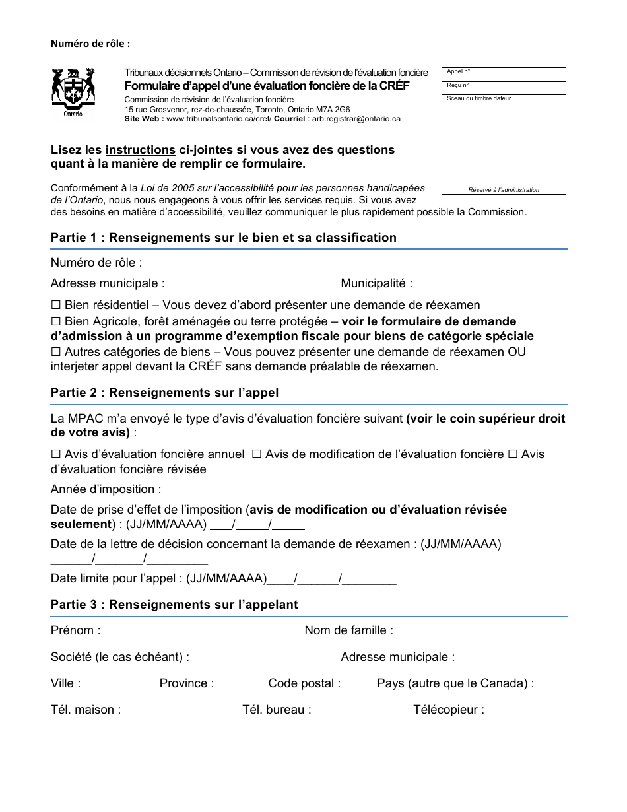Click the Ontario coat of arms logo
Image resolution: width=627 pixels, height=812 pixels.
[x=73, y=92]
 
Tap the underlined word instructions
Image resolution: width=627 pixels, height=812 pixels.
[x=140, y=150]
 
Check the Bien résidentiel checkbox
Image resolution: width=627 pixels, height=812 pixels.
[x=56, y=305]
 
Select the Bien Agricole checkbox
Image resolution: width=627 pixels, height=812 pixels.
[x=56, y=321]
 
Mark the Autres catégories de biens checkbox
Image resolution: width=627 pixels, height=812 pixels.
[x=56, y=352]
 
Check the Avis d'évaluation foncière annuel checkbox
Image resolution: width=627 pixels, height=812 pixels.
[x=56, y=454]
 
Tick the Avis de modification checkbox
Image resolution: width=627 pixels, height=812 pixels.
[x=257, y=454]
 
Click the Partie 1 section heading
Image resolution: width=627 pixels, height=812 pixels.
[x=223, y=238]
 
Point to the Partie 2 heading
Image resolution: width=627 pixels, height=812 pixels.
[x=164, y=393]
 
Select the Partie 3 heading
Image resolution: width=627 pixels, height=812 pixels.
[x=174, y=605]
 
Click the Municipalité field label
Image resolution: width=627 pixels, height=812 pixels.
[x=376, y=283]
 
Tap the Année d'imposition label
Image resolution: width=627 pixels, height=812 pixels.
[x=106, y=489]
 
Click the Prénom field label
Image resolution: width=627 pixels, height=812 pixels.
[x=75, y=630]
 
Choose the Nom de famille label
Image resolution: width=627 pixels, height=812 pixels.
[x=348, y=630]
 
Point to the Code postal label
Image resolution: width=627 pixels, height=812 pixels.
[x=304, y=683]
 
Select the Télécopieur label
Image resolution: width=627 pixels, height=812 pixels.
[x=448, y=710]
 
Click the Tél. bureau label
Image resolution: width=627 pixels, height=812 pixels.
[x=277, y=710]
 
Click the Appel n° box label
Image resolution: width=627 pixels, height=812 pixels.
[x=458, y=71]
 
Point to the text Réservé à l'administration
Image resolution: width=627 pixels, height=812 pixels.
[x=504, y=190]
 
